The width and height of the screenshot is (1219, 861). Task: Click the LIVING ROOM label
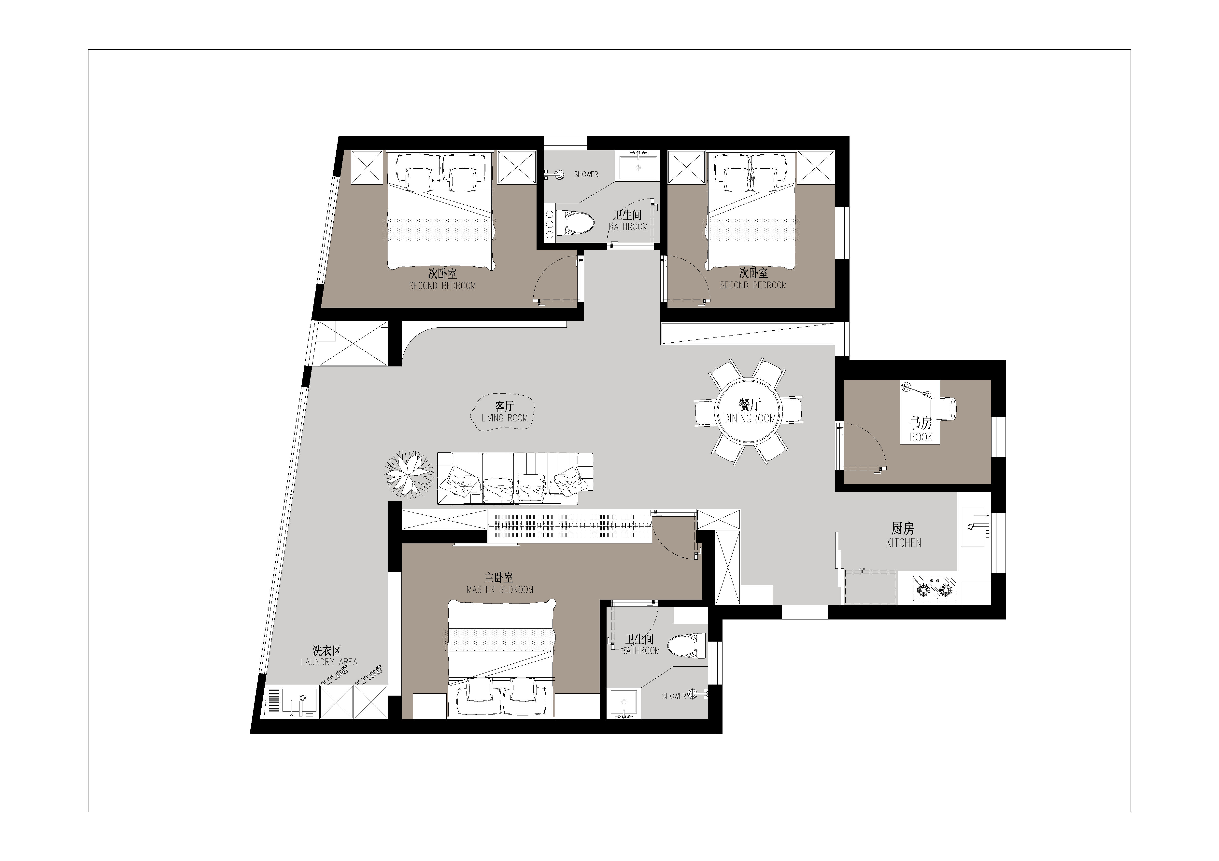[x=504, y=418]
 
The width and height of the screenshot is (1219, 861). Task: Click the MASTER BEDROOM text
[x=500, y=589]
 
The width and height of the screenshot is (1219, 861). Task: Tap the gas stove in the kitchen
[x=935, y=588]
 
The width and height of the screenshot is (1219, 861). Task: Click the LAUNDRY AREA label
[x=329, y=662]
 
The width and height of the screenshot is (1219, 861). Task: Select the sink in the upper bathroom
[x=638, y=167]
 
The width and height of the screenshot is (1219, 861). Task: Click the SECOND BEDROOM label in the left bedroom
[x=442, y=286]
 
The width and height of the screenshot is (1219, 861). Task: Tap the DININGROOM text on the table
[x=750, y=418]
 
